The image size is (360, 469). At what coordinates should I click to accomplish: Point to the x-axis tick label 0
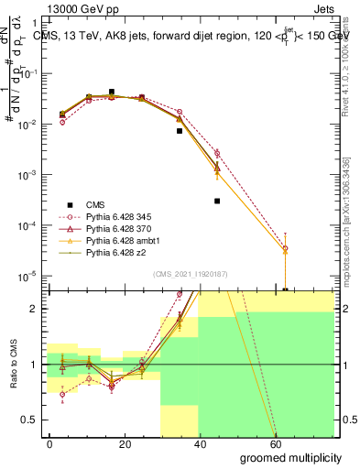[x=50, y=443]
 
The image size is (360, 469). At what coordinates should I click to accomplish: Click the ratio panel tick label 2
[x=37, y=309]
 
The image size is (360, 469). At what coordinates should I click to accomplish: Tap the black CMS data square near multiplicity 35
[x=180, y=131]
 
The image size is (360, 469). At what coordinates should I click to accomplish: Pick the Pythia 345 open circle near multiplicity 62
[x=285, y=248]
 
